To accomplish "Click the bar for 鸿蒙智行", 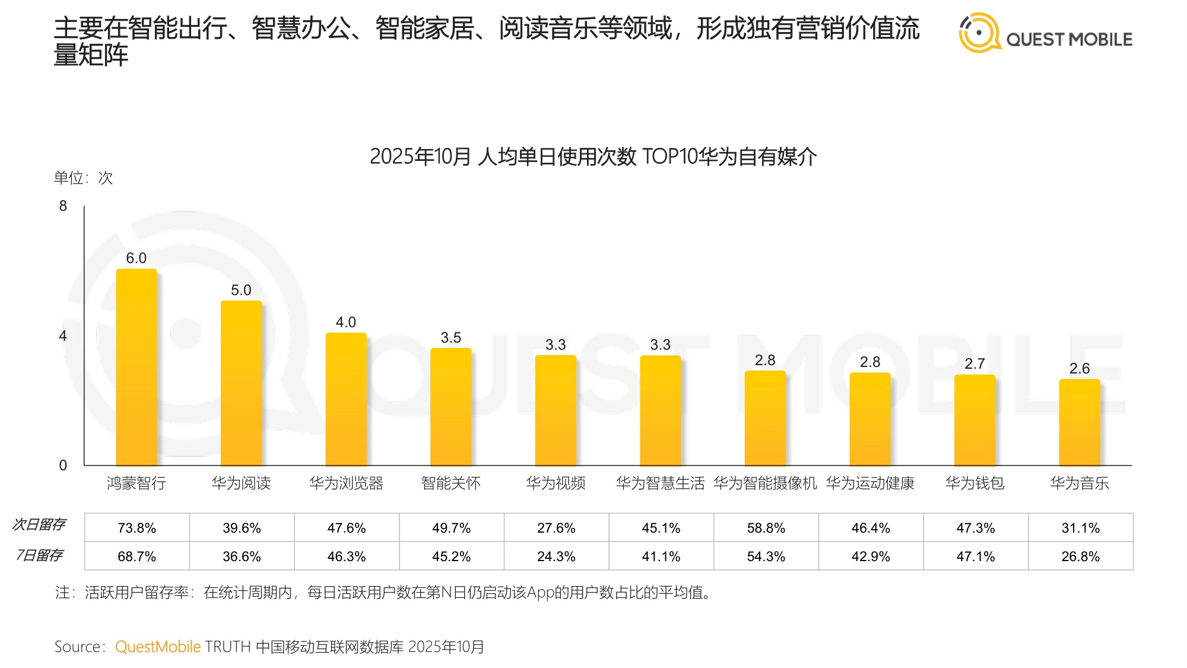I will click(137, 368).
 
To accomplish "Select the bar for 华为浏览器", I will click(346, 399).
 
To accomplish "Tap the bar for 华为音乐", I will click(1080, 423).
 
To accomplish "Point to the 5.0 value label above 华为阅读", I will click(241, 290).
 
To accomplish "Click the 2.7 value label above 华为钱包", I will click(975, 364).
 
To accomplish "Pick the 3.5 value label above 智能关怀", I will click(451, 338).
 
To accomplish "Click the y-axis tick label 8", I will click(63, 206).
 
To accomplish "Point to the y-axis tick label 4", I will click(63, 336).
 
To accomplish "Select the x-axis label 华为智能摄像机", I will click(765, 483).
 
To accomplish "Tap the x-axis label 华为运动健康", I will click(870, 483).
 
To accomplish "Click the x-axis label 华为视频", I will click(556, 483).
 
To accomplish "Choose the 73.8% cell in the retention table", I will click(137, 528).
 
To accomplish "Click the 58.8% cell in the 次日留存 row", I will click(766, 528).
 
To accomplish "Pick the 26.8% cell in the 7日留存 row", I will click(1080, 556).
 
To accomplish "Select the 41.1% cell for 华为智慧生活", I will click(661, 556).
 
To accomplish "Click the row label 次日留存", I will click(39, 524).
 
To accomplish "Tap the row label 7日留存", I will click(39, 555).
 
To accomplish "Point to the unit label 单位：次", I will click(83, 178).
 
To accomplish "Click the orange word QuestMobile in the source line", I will click(158, 647).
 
